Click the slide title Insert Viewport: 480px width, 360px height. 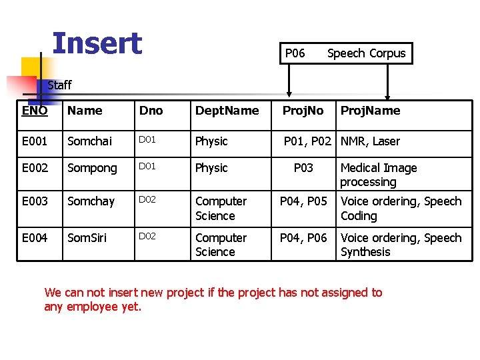[97, 43]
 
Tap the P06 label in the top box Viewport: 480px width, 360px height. [295, 53]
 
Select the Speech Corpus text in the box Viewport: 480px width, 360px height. [366, 53]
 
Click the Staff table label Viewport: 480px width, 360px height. [59, 85]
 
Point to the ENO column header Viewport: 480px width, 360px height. [35, 111]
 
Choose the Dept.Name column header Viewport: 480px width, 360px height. [227, 111]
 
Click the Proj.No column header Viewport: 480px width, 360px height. [303, 111]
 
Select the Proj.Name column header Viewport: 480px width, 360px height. [370, 111]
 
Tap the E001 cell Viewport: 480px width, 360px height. [35, 141]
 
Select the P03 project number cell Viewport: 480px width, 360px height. [303, 168]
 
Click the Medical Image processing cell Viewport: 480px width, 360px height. [378, 175]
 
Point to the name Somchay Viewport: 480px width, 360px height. [91, 201]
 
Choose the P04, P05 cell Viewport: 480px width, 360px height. [303, 201]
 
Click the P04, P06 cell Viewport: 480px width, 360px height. [303, 238]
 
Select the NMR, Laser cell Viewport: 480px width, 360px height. [370, 141]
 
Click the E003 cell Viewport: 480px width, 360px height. [35, 201]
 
